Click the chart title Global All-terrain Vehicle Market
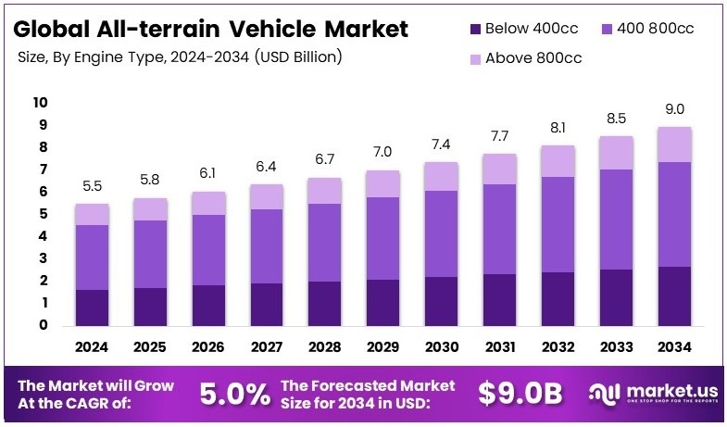click(212, 28)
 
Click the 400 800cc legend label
click(647, 28)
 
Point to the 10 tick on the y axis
click(40, 102)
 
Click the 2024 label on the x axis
click(93, 347)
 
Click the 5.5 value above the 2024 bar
click(93, 186)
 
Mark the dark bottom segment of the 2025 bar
click(149, 306)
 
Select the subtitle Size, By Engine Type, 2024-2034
click(181, 57)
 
